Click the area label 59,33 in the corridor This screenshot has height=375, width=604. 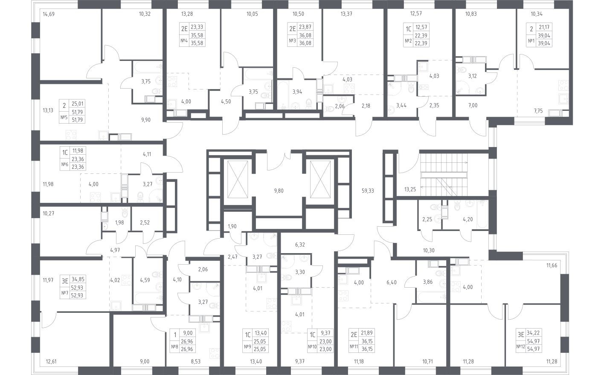point(367,191)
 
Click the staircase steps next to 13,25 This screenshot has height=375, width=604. point(444,170)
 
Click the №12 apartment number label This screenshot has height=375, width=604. point(520,346)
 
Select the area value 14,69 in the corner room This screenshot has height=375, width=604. point(49,14)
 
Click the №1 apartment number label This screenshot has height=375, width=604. point(531,41)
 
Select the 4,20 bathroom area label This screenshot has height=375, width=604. point(468,220)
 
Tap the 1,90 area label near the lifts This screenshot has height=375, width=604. point(232,226)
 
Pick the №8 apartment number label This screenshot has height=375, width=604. point(174,346)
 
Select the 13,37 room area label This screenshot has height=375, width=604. point(346,14)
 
